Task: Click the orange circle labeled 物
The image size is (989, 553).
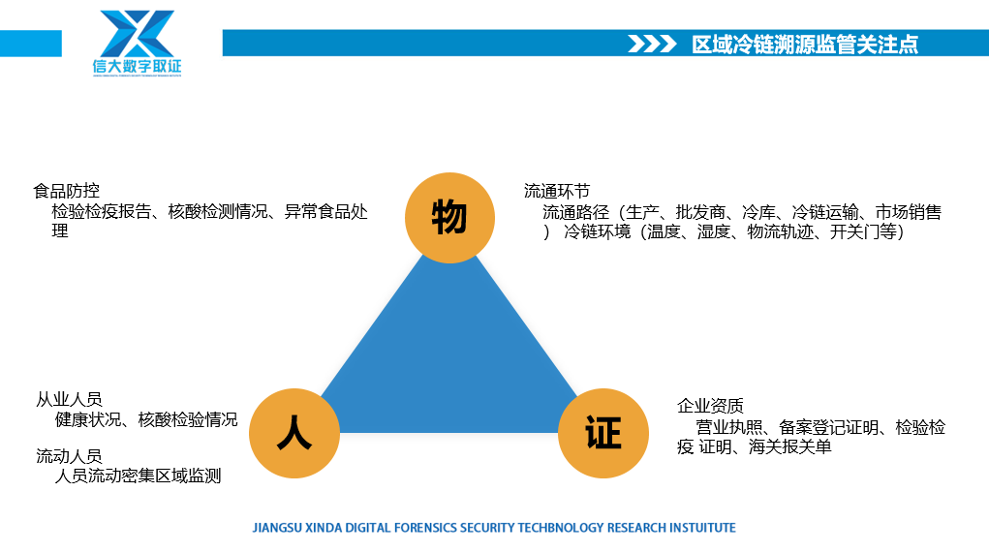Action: (x=449, y=218)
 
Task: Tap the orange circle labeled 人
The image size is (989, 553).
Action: (x=294, y=433)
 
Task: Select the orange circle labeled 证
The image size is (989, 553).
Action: (x=603, y=433)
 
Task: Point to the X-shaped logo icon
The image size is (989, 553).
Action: (x=137, y=34)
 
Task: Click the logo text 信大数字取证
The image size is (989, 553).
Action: (x=137, y=66)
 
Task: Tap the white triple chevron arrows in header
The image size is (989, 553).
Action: (x=652, y=44)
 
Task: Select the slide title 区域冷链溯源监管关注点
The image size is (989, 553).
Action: (x=805, y=45)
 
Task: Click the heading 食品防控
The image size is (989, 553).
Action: (x=66, y=191)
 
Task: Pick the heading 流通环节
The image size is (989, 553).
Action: (x=557, y=191)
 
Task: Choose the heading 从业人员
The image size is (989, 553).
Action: (x=69, y=399)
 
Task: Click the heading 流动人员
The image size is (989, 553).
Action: (x=69, y=456)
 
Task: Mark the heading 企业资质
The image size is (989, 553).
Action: (x=710, y=406)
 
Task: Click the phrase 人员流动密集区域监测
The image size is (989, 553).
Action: (x=139, y=476)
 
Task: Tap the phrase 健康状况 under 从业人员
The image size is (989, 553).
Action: (x=88, y=420)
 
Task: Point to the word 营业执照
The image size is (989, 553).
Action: (x=729, y=427)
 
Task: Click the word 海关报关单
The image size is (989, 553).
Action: (x=790, y=447)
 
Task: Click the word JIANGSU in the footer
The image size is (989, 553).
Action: (x=278, y=528)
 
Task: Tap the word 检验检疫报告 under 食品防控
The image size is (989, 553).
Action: (x=102, y=212)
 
